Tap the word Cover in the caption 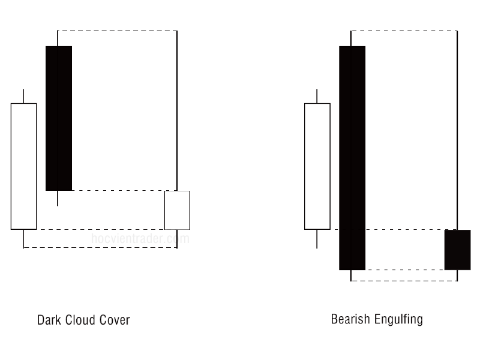[113, 320]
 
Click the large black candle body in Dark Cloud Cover [59, 118]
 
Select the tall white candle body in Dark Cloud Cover [23, 166]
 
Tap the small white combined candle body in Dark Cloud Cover [177, 210]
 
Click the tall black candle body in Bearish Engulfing [352, 157]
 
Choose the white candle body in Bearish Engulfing [317, 166]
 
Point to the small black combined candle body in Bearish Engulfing [457, 250]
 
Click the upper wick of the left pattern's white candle [23, 96]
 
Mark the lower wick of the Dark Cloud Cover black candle [58, 199]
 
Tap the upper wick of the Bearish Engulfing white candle [317, 96]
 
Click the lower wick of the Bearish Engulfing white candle [317, 239]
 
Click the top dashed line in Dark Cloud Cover [117, 30]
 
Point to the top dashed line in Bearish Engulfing [404, 30]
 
